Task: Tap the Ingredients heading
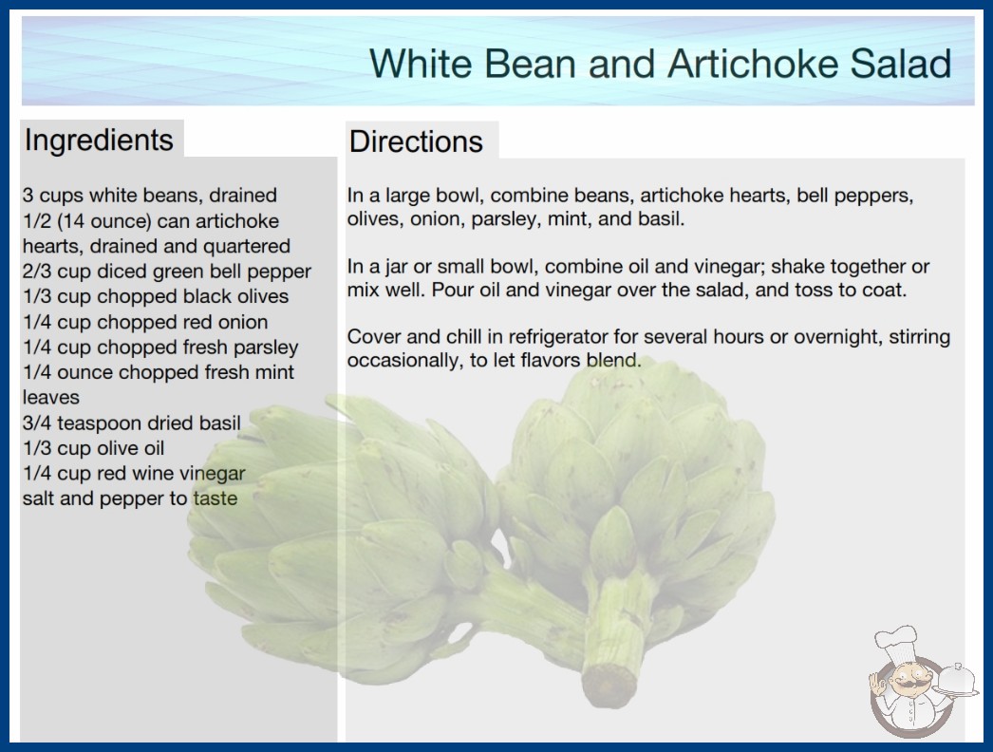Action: pos(99,141)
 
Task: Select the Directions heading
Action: pos(416,141)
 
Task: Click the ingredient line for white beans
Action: pos(149,196)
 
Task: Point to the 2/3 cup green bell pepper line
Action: pos(166,272)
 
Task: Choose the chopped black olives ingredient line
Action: pos(155,296)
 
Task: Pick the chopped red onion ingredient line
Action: pos(145,322)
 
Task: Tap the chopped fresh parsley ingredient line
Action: pos(160,348)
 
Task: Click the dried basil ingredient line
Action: pos(132,423)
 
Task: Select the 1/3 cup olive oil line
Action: pos(93,448)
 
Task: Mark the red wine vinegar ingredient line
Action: pos(134,473)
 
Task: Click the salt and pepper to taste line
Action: pos(130,498)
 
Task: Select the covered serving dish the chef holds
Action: pos(956,681)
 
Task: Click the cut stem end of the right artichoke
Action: pos(609,685)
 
